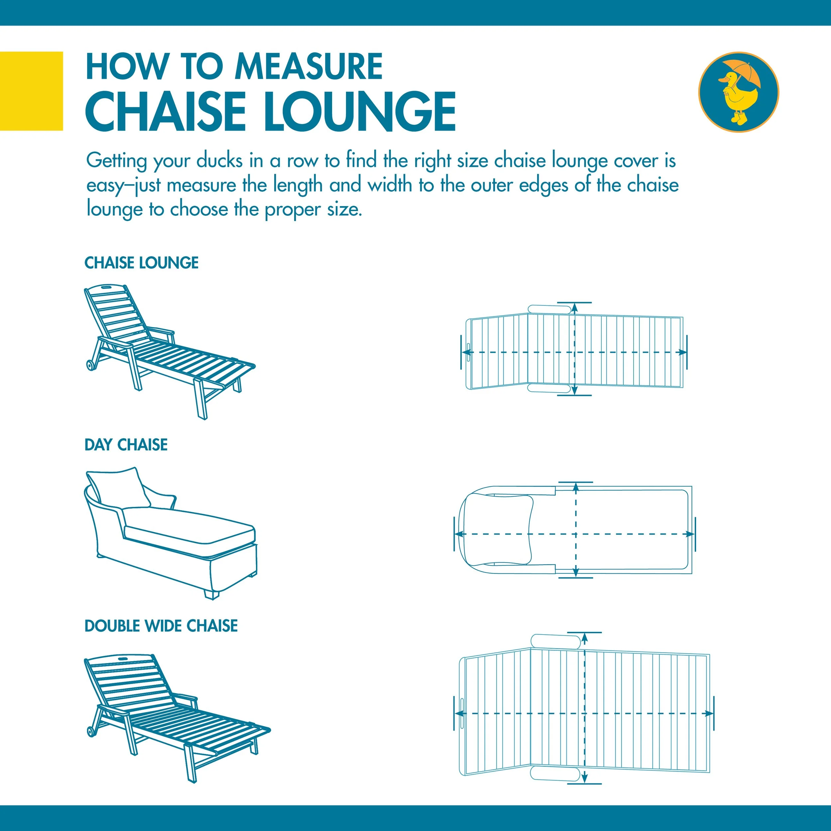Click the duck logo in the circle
pos(738,92)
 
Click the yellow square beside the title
pos(31,91)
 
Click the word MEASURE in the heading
pos(308,67)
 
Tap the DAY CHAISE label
pos(126,445)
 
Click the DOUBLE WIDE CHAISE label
pos(161,626)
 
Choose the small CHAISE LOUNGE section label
pos(142,263)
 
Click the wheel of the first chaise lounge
pos(91,365)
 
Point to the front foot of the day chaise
pos(211,595)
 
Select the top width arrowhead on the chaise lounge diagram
pos(575,307)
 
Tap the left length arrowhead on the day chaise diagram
pos(458,534)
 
